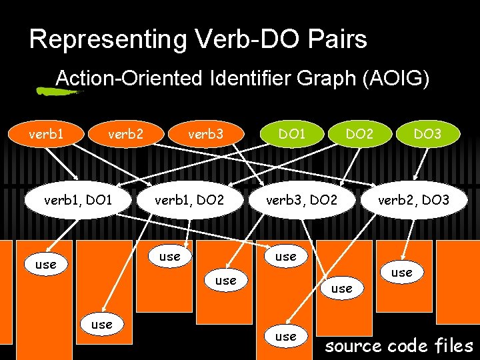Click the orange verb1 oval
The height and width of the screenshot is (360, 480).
pyautogui.click(x=46, y=135)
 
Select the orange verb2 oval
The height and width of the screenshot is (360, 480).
pyautogui.click(x=125, y=135)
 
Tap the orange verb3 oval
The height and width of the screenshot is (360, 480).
pyautogui.click(x=206, y=135)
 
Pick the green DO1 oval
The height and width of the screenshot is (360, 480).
pyautogui.click(x=292, y=135)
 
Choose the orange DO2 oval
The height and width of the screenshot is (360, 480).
pyautogui.click(x=359, y=135)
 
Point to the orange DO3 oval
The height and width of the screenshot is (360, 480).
pyautogui.click(x=427, y=135)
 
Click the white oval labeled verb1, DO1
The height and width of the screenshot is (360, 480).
pyautogui.click(x=78, y=199)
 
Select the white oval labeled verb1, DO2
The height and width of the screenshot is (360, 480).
pyautogui.click(x=189, y=199)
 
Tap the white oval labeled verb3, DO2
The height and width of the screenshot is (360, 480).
pyautogui.click(x=301, y=199)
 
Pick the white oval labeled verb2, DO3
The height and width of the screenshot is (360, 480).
pyautogui.click(x=413, y=199)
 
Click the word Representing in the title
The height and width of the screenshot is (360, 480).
pyautogui.click(x=108, y=40)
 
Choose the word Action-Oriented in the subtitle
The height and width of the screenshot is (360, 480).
pyautogui.click(x=129, y=79)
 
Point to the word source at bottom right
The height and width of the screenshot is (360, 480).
pyautogui.click(x=353, y=346)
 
